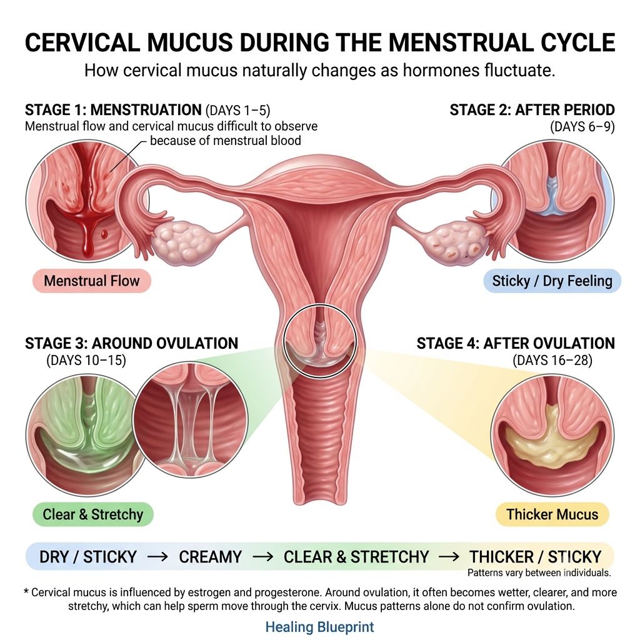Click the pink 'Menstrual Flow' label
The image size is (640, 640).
click(x=92, y=281)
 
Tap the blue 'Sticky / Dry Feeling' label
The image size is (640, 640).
click(x=552, y=281)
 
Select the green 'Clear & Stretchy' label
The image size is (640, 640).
click(x=93, y=514)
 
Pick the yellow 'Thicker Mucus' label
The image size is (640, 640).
click(x=552, y=514)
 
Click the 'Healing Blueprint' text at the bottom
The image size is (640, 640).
click(x=319, y=627)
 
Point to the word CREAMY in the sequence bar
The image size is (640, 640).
click(x=210, y=557)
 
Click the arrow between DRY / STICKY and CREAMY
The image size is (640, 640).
click(x=157, y=557)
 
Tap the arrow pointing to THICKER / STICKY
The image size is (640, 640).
click(x=449, y=557)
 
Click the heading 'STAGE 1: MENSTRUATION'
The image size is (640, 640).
click(x=113, y=110)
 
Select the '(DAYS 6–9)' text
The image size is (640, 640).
click(x=582, y=126)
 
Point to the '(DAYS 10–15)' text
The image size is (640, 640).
click(x=86, y=361)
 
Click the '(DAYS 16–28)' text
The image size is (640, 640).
click(x=552, y=361)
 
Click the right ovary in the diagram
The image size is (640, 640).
click(x=456, y=244)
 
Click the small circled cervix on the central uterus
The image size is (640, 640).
click(x=320, y=341)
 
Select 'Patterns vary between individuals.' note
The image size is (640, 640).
click(x=539, y=572)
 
